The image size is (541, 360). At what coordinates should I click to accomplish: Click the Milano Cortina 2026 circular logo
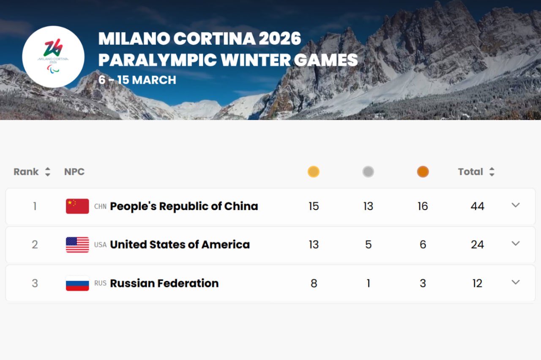(53, 57)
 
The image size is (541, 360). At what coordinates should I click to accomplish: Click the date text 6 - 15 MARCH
(137, 80)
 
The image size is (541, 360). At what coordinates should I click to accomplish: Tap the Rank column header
(26, 172)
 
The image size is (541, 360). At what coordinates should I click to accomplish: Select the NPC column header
(74, 172)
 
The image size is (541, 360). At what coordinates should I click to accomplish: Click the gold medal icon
(314, 172)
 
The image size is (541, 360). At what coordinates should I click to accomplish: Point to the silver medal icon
(368, 172)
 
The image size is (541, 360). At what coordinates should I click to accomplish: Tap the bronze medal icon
(423, 172)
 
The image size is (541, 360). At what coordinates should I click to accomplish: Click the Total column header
(470, 172)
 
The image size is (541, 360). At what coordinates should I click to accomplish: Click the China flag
(77, 206)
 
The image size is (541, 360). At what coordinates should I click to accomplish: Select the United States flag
(77, 245)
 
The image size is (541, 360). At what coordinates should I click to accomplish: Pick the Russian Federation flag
(77, 283)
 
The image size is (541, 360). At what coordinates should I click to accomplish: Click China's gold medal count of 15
(314, 207)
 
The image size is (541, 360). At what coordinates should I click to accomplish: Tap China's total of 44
(478, 207)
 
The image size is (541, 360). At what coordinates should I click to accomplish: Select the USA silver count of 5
(368, 245)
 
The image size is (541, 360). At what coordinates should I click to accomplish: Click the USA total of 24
(478, 245)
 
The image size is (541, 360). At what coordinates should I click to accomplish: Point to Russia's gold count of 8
(314, 284)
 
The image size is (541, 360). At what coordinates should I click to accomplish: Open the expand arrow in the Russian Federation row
(516, 282)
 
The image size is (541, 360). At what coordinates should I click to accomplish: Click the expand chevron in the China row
(516, 205)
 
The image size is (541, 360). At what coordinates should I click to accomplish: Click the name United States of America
(180, 245)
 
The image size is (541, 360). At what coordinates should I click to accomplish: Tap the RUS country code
(100, 283)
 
